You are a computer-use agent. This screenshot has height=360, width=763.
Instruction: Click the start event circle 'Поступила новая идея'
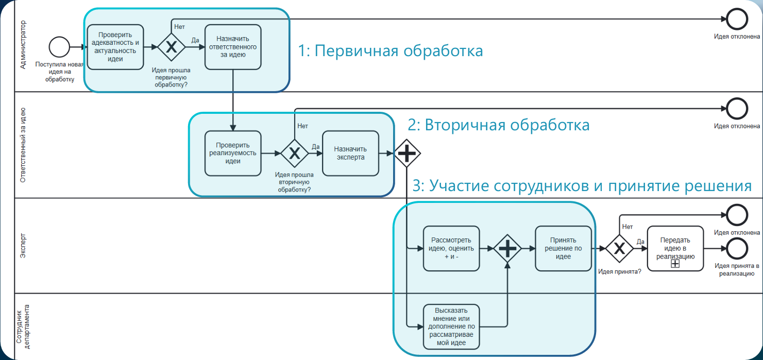coord(59,47)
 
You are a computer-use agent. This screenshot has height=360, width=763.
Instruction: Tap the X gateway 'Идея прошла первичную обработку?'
coord(171,47)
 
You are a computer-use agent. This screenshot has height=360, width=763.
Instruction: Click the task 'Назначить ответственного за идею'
coord(233,47)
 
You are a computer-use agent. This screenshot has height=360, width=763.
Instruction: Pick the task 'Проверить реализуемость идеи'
coord(233,153)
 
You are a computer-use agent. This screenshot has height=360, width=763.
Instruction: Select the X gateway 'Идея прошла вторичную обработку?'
coord(294,153)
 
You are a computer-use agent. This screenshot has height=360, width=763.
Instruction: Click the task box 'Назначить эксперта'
coord(350,153)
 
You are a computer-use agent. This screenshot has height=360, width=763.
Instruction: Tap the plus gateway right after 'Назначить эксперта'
coord(407,153)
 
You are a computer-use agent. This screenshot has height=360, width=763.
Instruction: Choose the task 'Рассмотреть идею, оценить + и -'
coord(451,248)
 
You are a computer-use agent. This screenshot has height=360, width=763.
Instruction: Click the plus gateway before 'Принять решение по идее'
coord(507,248)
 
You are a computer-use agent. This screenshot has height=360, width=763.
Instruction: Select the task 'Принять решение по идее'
coord(563,248)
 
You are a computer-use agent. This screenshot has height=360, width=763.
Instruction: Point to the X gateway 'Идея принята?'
coord(619,248)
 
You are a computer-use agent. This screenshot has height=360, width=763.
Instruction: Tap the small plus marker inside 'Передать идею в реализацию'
coord(675,264)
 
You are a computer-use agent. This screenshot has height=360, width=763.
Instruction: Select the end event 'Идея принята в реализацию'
coord(737,248)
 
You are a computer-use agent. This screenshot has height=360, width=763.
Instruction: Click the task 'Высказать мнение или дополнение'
coord(451,327)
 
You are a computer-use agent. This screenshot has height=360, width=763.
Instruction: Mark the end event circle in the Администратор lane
coord(737,20)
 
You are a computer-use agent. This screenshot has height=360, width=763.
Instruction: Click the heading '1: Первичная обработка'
coord(391,51)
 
